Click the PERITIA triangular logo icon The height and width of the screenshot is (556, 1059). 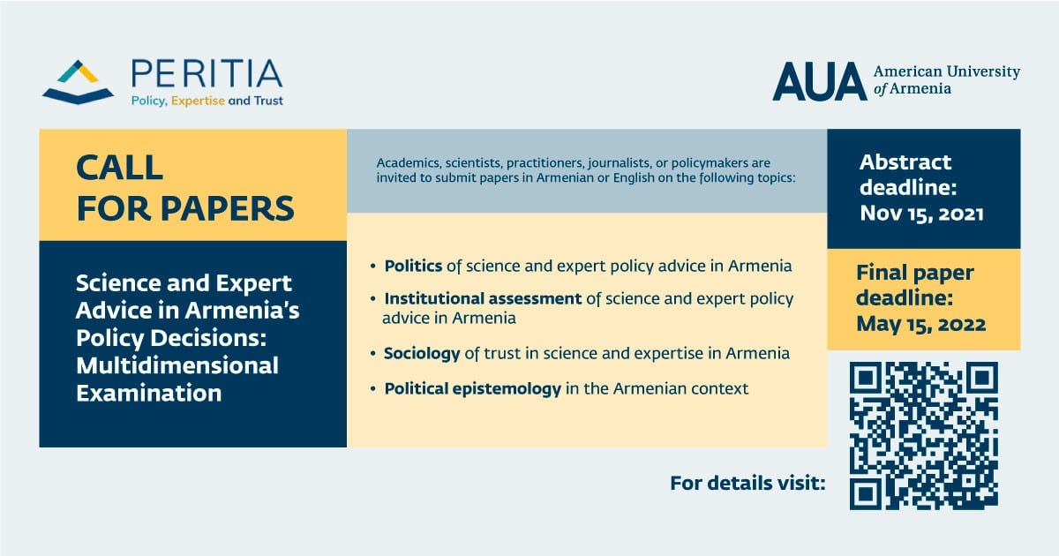(x=78, y=82)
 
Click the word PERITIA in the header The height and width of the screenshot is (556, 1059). (x=207, y=74)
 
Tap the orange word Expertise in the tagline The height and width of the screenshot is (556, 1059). (x=198, y=101)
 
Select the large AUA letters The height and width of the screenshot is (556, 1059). (x=820, y=81)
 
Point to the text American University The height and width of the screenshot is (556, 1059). (x=946, y=71)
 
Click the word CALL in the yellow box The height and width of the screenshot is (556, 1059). (x=120, y=168)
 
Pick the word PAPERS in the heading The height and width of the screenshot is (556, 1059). (x=228, y=208)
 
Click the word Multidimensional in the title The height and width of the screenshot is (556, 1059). (x=177, y=365)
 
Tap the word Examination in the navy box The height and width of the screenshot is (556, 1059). (x=149, y=393)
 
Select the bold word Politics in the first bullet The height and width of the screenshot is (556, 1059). (x=413, y=266)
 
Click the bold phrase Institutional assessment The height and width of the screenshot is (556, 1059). (x=483, y=299)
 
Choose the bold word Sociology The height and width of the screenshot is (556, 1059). (x=422, y=354)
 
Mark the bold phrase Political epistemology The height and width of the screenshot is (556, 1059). (x=472, y=388)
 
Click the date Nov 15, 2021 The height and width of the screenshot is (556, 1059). (x=921, y=214)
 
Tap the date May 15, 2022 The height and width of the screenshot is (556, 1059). (x=921, y=325)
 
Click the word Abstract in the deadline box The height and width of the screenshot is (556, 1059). (x=905, y=162)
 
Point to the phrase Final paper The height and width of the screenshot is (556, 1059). (x=915, y=274)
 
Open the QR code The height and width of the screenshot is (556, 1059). (x=924, y=436)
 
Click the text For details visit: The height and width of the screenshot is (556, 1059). (x=747, y=484)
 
